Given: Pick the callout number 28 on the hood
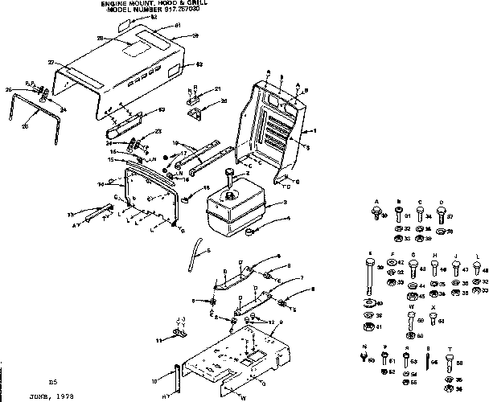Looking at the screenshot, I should (x=100, y=39).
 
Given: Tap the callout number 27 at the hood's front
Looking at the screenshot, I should (x=50, y=62).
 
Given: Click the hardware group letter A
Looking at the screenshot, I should (x=376, y=201).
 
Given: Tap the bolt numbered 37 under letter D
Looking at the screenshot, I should (x=441, y=215).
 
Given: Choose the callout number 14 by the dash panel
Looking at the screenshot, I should (x=101, y=184).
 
